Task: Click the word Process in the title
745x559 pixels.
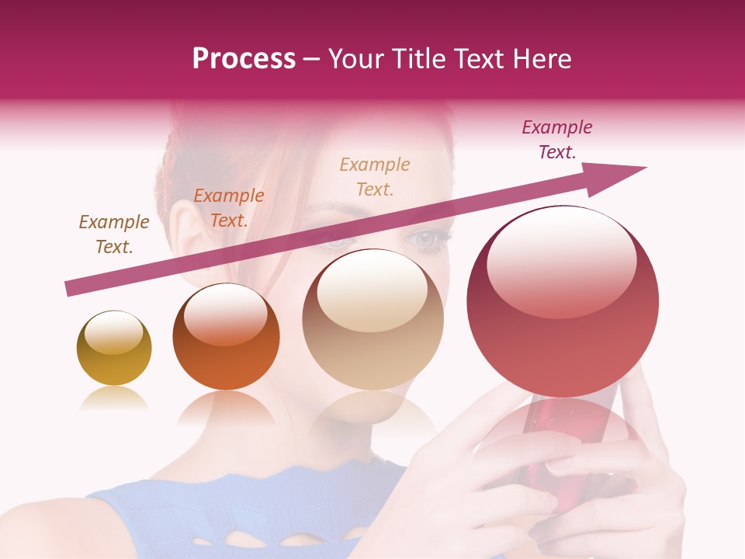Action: (244, 59)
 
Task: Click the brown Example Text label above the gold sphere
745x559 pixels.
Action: (114, 234)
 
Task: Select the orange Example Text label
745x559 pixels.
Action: (228, 208)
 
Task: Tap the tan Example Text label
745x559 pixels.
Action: (375, 176)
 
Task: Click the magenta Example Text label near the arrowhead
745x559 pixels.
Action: (556, 140)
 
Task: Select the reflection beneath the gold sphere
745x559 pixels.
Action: (114, 399)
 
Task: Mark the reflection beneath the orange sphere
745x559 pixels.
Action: (226, 408)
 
